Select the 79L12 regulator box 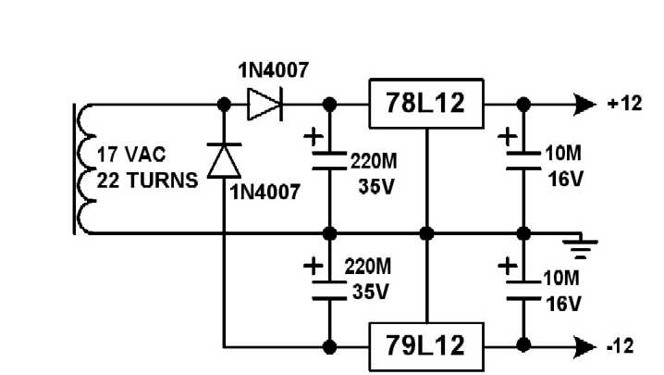click(x=426, y=347)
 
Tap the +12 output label click(x=624, y=104)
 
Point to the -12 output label click(x=620, y=347)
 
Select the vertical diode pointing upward click(x=223, y=161)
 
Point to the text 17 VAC click(x=129, y=155)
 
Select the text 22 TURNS click(x=147, y=180)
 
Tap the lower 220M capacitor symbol click(x=328, y=289)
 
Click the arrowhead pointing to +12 click(x=584, y=104)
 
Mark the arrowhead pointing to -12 click(x=584, y=347)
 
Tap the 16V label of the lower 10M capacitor click(x=564, y=303)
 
